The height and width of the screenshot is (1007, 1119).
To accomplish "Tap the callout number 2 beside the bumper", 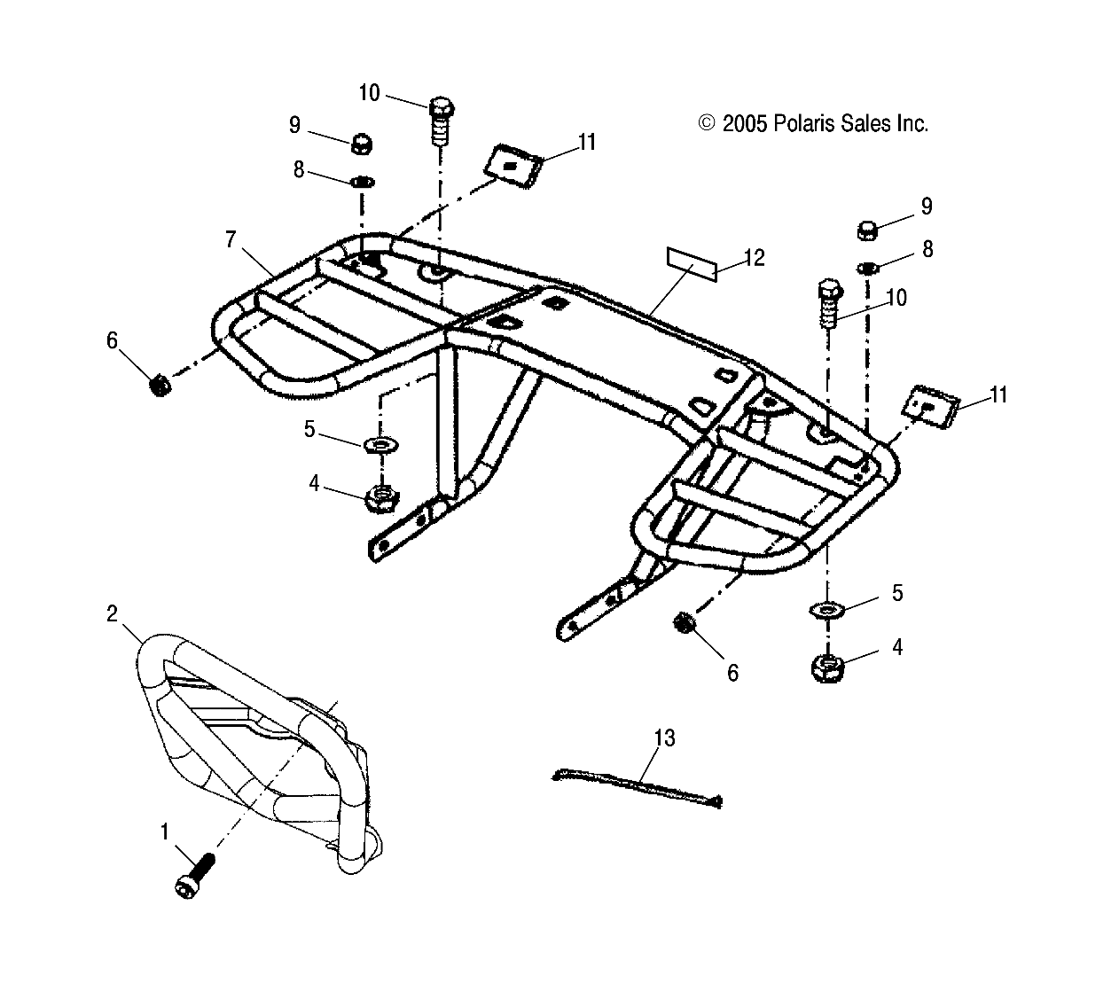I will pos(113,613).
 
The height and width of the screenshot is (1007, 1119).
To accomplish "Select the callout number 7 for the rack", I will pos(231,238).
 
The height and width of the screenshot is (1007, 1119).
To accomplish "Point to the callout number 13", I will pos(664,738).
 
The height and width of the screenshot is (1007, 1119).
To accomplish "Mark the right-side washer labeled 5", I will pos(827,610).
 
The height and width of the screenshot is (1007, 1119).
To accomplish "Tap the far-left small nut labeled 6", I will pos(159,386).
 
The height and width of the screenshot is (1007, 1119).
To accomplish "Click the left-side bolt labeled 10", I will pos(441,119).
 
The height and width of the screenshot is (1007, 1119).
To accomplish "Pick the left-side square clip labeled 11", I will pos(513,163).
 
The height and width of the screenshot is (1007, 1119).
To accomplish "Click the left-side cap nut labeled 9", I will pos(361,141).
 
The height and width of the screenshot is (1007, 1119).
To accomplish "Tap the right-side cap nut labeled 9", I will pos(867,230).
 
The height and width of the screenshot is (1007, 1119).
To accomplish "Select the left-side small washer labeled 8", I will pos(362,182).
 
